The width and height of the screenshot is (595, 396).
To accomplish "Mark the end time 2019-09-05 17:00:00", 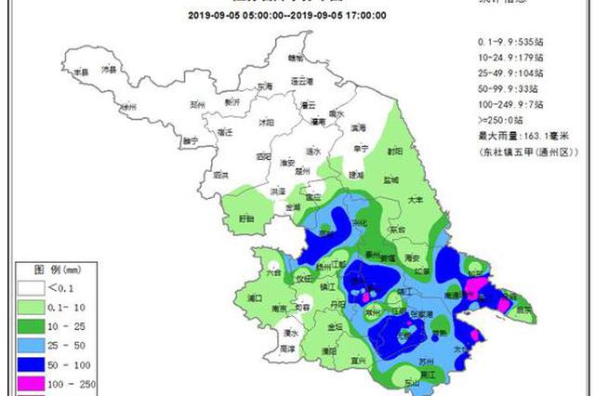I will (342, 16).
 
